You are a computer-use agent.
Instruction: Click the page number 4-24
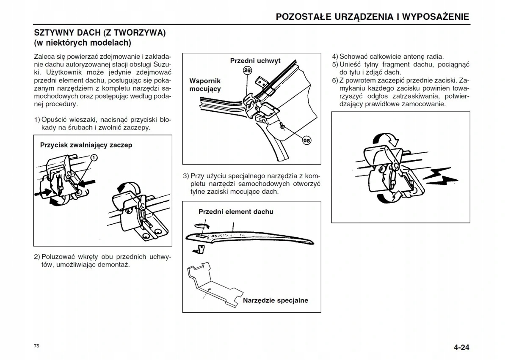[x=461, y=348]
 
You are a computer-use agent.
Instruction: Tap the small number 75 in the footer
[x=37, y=346]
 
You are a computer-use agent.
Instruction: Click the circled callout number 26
[x=248, y=71]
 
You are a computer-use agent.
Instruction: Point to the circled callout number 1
[x=94, y=158]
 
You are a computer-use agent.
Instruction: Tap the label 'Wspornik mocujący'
[x=205, y=85]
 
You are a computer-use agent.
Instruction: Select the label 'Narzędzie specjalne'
[x=275, y=300]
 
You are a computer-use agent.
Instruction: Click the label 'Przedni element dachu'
[x=236, y=212]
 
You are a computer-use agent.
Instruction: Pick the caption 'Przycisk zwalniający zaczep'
[x=86, y=145]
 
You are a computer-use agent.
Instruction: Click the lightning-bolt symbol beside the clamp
[x=441, y=177]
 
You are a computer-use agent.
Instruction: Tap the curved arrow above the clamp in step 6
[x=385, y=140]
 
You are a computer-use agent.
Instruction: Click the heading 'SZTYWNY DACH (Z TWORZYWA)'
[x=99, y=33]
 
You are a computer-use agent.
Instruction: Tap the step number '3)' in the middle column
[x=186, y=176]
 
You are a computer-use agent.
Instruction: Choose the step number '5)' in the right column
[x=335, y=64]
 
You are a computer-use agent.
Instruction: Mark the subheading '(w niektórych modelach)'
[x=83, y=43]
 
